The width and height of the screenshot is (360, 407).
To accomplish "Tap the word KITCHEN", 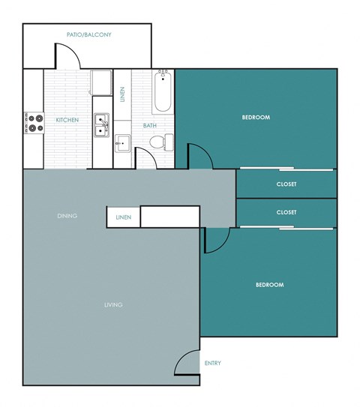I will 67,120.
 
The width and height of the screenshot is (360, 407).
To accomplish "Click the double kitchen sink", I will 101,125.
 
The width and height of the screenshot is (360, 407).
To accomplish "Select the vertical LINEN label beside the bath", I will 123,95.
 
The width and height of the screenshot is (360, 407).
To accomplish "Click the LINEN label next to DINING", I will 123,217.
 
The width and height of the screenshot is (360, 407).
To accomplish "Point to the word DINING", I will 67,216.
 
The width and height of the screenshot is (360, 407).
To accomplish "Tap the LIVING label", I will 113,304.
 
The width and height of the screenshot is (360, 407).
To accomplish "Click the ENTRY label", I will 212,364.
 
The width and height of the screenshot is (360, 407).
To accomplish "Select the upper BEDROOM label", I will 256,118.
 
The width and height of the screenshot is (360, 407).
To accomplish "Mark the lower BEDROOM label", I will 269,285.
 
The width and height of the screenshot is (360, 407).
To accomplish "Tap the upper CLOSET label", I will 286,184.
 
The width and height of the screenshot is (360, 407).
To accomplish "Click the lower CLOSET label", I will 286,212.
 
